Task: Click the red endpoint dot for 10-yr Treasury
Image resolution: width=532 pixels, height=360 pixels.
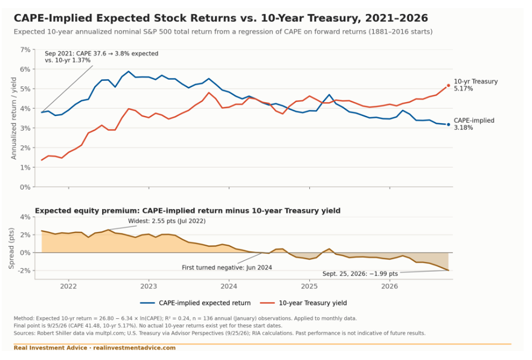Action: (x=448, y=86)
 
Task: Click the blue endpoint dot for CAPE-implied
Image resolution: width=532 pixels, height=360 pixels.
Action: (x=448, y=124)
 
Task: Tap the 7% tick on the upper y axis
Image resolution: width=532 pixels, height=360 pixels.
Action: (x=25, y=50)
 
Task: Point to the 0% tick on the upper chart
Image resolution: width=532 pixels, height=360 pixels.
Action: (x=25, y=187)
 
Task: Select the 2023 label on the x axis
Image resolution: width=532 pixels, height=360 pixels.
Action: (x=149, y=286)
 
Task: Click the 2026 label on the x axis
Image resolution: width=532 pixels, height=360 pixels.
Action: (x=389, y=286)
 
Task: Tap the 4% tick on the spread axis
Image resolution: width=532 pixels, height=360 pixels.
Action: (x=25, y=217)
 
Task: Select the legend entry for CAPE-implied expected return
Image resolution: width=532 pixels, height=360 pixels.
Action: (x=196, y=303)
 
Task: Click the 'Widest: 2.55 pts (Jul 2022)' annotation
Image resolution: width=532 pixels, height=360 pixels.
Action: (x=167, y=221)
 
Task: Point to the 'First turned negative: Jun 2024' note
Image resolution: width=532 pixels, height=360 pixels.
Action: (x=226, y=268)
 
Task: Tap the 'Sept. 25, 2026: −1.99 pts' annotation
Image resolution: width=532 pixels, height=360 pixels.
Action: (x=360, y=274)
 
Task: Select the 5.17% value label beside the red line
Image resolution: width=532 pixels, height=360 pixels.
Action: (x=463, y=89)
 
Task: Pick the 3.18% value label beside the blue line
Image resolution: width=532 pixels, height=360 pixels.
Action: (x=463, y=128)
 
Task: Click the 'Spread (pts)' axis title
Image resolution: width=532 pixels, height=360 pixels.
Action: (x=11, y=248)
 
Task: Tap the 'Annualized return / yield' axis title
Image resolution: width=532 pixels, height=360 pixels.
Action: (x=13, y=118)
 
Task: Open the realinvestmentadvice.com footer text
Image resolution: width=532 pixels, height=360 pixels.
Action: (x=134, y=348)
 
